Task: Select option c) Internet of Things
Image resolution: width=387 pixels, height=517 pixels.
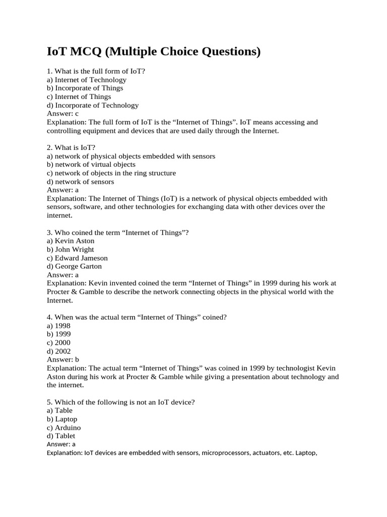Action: pyautogui.click(x=79, y=96)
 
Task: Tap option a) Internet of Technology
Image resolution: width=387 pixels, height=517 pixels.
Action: pyautogui.click(x=86, y=80)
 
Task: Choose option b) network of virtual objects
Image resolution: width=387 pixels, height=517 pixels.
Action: pyautogui.click(x=91, y=165)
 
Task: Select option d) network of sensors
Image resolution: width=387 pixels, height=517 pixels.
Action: pyautogui.click(x=80, y=182)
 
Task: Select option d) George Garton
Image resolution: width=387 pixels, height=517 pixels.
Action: pyautogui.click(x=74, y=266)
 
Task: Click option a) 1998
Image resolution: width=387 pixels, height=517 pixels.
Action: pyautogui.click(x=58, y=326)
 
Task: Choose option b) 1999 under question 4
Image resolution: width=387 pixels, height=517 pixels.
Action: pyautogui.click(x=58, y=334)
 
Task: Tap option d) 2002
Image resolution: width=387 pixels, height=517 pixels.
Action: pyautogui.click(x=58, y=351)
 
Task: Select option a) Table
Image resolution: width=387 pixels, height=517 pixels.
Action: pyautogui.click(x=59, y=410)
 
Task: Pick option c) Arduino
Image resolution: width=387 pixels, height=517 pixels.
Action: pyautogui.click(x=63, y=428)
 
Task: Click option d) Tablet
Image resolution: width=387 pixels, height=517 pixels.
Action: pyautogui.click(x=61, y=436)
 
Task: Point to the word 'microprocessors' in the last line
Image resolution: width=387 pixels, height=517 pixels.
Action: pyautogui.click(x=227, y=453)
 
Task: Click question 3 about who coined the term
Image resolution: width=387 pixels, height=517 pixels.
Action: pyautogui.click(x=117, y=232)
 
